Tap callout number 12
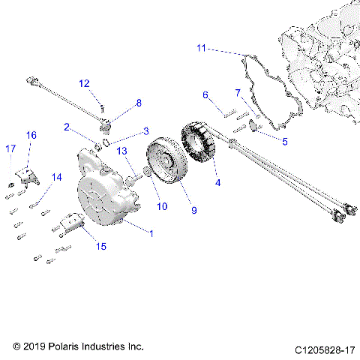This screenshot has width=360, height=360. [x=84, y=83]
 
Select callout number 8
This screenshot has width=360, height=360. [x=138, y=102]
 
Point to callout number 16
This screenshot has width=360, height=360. [x=31, y=135]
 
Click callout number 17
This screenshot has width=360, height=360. [x=9, y=148]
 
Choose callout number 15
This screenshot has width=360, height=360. [x=100, y=245]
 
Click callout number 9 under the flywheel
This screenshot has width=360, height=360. [x=193, y=211]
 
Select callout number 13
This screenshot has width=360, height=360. [x=121, y=151]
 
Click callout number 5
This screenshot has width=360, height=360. [x=284, y=140]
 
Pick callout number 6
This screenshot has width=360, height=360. [x=204, y=94]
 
